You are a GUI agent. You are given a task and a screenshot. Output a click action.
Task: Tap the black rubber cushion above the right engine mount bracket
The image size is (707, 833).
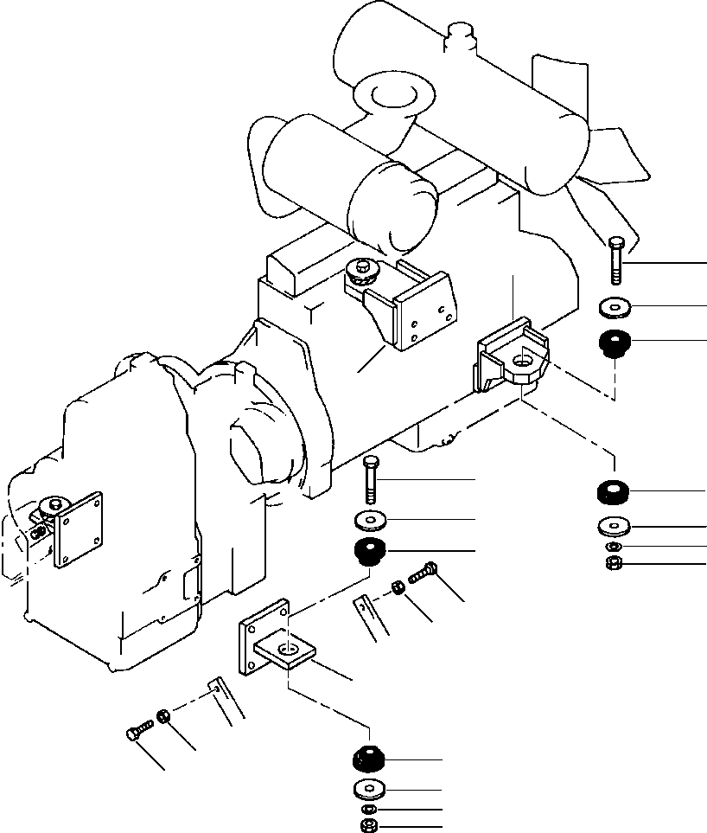[614, 343]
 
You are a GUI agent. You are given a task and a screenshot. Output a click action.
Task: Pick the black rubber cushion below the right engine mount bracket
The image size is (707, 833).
[613, 491]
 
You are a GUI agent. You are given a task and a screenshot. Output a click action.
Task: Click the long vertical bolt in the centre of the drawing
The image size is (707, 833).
[371, 478]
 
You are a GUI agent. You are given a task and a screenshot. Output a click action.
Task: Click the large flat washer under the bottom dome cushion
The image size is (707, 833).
[370, 789]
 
